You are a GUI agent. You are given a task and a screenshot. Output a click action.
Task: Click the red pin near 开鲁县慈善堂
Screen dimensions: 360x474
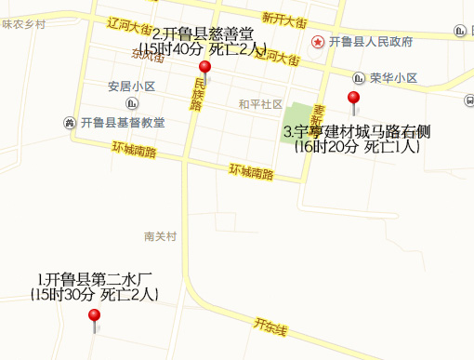click(x=205, y=68)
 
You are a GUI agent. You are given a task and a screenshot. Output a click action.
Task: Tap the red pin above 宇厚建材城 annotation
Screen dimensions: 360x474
click(x=353, y=99)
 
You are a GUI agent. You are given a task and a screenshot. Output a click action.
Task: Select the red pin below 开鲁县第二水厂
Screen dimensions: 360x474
click(x=94, y=316)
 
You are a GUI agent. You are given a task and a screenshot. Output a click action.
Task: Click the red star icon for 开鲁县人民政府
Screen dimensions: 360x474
click(x=317, y=42)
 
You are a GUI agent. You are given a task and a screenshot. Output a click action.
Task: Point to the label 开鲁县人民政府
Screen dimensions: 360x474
click(x=371, y=42)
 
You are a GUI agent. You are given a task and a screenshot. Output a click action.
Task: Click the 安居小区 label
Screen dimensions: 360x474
click(x=131, y=87)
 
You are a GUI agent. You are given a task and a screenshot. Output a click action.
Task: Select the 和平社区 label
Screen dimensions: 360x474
click(x=259, y=103)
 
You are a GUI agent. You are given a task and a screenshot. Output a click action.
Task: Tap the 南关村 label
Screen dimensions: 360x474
click(x=160, y=236)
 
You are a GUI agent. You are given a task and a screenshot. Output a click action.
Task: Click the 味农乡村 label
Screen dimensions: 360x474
click(x=23, y=24)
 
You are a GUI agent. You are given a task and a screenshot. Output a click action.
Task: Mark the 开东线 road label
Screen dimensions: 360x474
click(x=270, y=328)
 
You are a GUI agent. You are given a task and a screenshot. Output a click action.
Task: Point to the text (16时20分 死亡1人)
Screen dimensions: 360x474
click(x=357, y=147)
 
